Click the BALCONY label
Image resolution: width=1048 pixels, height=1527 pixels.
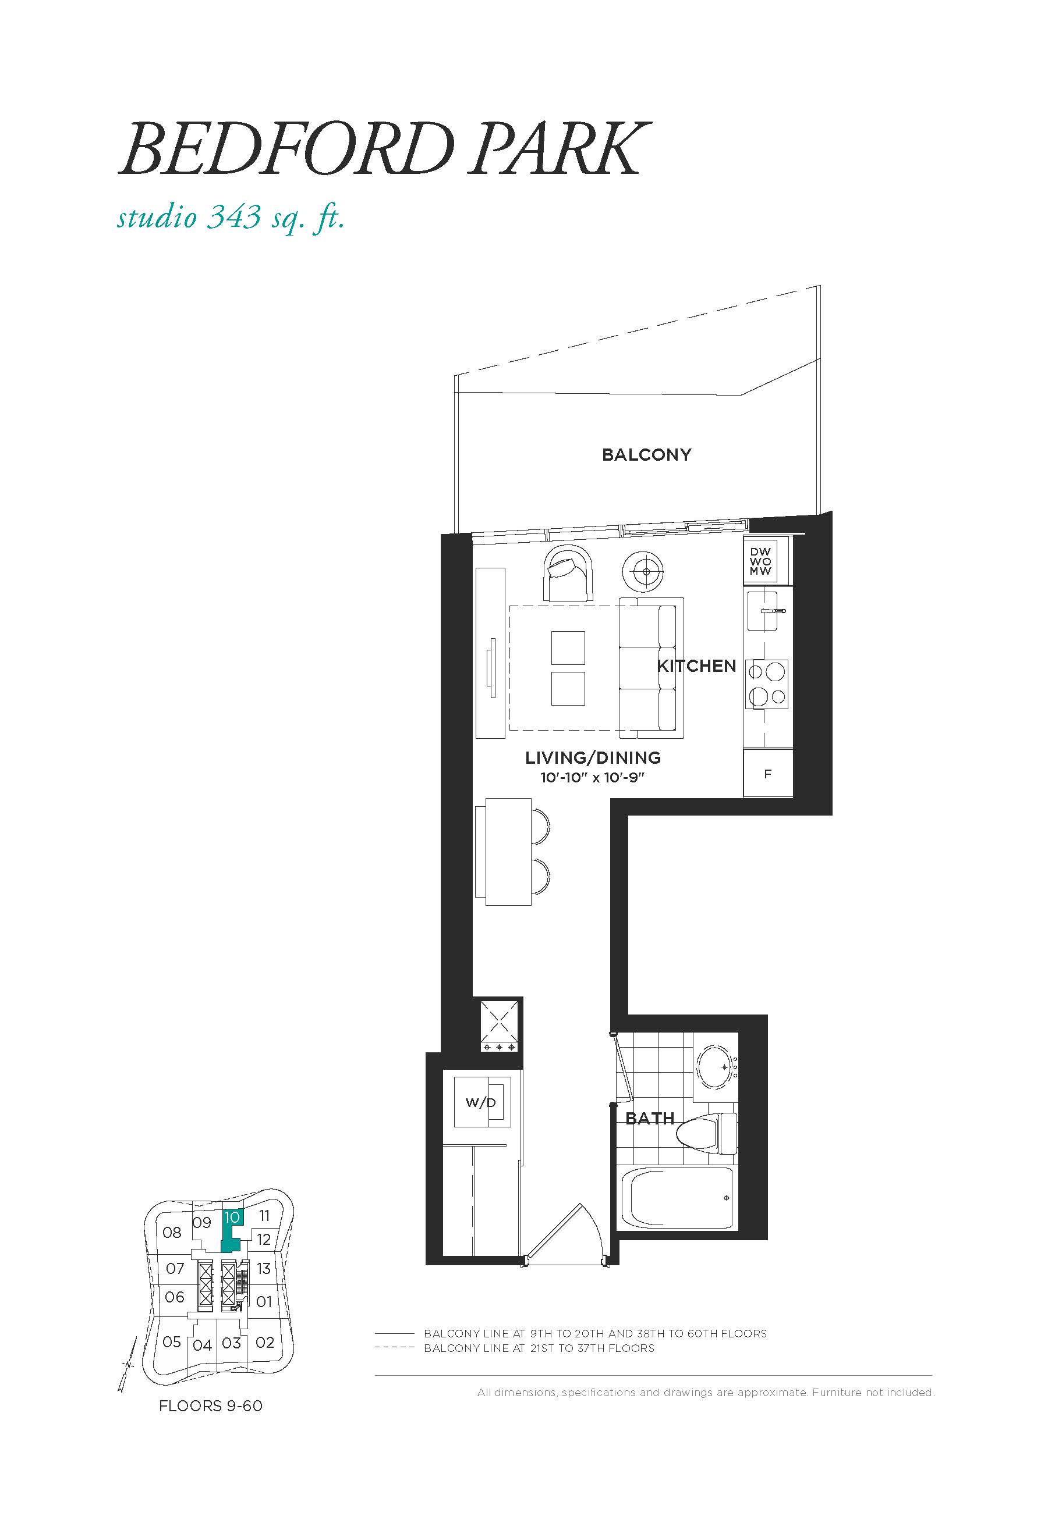pyautogui.click(x=646, y=455)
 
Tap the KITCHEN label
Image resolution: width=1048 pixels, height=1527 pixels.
pyautogui.click(x=696, y=666)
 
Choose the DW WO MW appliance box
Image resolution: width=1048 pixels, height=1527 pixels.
pyautogui.click(x=761, y=562)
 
